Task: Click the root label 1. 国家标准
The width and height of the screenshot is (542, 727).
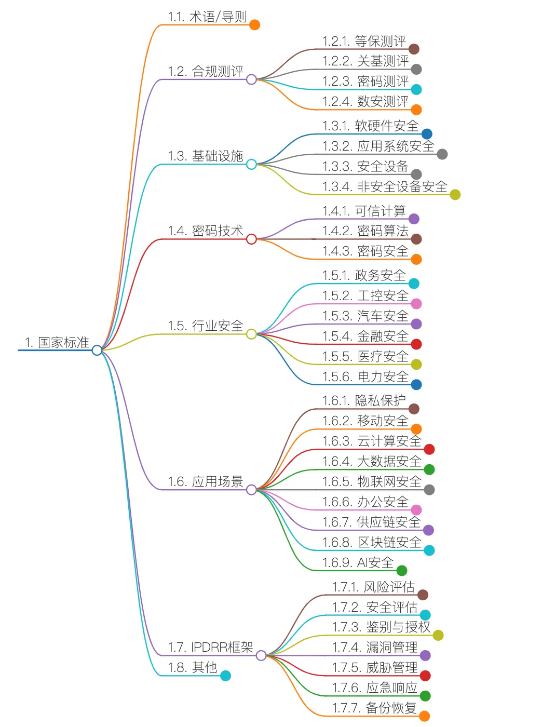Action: coord(57,342)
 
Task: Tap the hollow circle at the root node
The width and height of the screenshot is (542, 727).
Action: coord(97,351)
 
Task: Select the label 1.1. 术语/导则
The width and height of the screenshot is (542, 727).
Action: coord(207,17)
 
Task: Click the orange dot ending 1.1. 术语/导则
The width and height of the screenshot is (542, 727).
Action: coord(254,25)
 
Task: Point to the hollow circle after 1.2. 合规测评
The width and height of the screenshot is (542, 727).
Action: coord(251,79)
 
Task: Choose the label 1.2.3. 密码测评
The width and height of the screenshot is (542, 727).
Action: coord(365,82)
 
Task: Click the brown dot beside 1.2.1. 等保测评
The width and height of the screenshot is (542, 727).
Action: coord(414,49)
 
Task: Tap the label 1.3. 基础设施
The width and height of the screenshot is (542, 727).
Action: coord(205,156)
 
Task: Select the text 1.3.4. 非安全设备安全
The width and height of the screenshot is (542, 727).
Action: coord(384,187)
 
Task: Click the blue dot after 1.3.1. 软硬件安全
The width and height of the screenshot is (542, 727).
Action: coord(427,134)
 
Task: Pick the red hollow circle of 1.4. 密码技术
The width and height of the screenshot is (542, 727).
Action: coord(251,239)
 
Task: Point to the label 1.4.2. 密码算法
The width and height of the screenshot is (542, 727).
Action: coord(365,231)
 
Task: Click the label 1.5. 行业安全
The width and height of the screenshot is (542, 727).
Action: coord(205,326)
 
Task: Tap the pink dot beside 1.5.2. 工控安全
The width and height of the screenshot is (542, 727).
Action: coord(416,304)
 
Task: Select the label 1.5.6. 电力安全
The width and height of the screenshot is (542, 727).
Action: coord(365,377)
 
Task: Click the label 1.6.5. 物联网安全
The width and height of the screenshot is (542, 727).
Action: coord(371,482)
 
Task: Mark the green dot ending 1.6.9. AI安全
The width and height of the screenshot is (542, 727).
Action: coord(402,571)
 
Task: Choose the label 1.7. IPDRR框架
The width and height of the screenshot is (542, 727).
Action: coord(210,647)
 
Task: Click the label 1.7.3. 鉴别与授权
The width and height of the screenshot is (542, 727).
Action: coord(381,627)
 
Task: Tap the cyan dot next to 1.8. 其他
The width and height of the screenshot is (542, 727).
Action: coord(225,676)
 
